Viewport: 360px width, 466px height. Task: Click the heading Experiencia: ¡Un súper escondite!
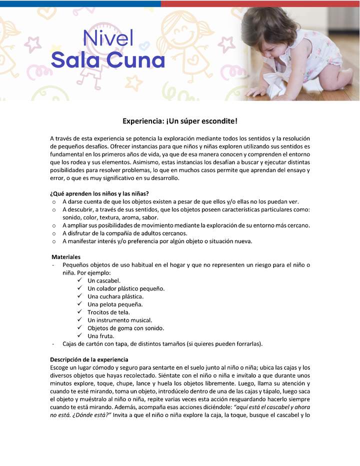pos(180,121)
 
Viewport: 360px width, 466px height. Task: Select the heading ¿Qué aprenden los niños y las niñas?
pos(99,193)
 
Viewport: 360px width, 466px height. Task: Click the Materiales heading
pos(66,256)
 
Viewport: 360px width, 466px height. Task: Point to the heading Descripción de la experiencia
pos(89,359)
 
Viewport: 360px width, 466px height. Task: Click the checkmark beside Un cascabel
pos(79,280)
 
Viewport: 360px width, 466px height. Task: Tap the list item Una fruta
pos(100,336)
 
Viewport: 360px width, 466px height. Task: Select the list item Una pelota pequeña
pos(115,304)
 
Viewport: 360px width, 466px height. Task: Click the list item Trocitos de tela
pos(108,312)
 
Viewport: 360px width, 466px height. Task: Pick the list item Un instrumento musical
pos(119,320)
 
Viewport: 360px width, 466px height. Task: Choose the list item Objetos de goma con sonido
pos(125,328)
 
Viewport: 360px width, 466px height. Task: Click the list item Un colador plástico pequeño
pos(125,288)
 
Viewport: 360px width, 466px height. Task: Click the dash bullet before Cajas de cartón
pos(52,344)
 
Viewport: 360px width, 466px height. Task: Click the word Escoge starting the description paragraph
pos(61,367)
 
